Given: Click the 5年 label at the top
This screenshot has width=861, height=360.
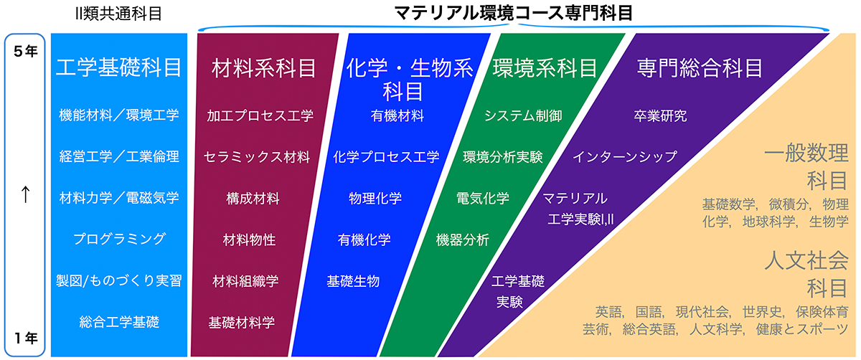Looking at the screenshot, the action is (25, 52).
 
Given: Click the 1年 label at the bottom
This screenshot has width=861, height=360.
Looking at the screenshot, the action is (26, 338).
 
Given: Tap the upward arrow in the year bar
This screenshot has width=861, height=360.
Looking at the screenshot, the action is (25, 194).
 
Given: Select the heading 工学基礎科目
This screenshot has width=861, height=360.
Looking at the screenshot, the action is (119, 67).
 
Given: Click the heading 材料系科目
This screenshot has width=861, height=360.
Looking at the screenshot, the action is (264, 68).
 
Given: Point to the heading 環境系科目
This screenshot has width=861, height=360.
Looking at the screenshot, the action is (545, 68).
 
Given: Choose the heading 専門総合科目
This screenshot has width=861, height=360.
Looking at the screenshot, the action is (700, 68).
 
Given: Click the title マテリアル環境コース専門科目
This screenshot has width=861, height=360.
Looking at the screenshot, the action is (514, 13).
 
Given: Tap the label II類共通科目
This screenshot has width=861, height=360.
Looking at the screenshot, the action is (119, 14).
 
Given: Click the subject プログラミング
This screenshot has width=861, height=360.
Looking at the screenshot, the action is (119, 239).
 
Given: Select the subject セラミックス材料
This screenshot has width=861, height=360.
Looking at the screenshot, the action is (257, 157).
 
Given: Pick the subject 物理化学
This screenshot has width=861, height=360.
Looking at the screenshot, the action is (375, 198).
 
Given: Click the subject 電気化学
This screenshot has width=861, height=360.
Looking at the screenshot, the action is (482, 198).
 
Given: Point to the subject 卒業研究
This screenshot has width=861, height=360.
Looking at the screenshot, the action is (660, 115).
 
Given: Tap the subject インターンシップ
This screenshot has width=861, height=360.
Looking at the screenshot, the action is (625, 157).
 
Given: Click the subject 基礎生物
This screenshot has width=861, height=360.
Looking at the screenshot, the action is (353, 281).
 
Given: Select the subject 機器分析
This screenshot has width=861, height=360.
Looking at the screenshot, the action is (462, 240).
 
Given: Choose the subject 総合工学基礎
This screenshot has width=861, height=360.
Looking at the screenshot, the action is (119, 322).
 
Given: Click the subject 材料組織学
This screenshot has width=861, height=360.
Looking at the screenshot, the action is (245, 281).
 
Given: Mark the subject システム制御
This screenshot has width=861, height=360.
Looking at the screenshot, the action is (523, 115).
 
